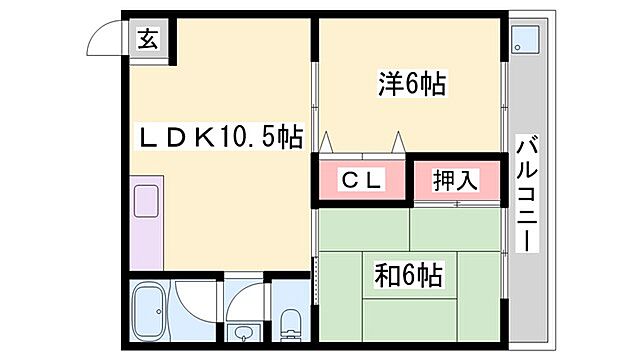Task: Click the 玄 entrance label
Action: click(147, 40)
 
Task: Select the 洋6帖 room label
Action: click(411, 84)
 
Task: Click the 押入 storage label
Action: click(455, 180)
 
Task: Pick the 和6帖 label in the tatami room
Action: click(411, 271)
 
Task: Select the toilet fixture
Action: click(290, 321)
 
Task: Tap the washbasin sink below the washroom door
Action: click(243, 331)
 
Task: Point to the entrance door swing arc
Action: click(104, 36)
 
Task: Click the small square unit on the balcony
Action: click(524, 39)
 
